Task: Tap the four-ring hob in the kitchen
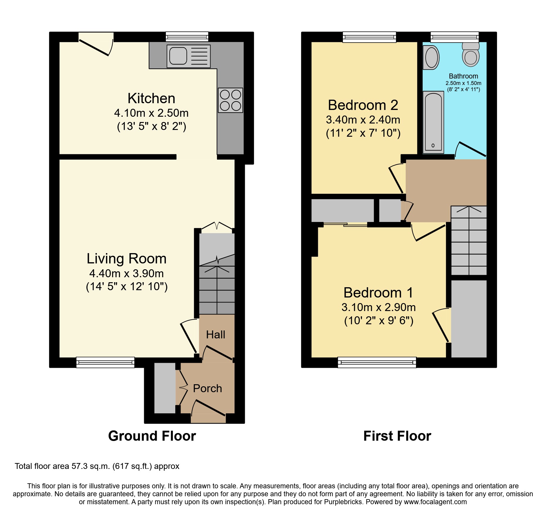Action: (230, 100)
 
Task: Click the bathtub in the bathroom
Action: (433, 122)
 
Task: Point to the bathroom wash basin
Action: (431, 58)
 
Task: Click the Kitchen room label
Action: (151, 98)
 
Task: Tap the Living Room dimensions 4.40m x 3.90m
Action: (127, 273)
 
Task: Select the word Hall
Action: (215, 335)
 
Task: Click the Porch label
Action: (207, 388)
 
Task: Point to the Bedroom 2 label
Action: (363, 105)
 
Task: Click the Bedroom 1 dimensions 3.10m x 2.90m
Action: (378, 307)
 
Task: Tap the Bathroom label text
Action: (463, 76)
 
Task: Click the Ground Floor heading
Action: (152, 436)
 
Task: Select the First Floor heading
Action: (397, 436)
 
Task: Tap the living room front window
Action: (105, 362)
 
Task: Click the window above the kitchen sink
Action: (187, 37)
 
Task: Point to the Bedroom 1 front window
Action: (377, 362)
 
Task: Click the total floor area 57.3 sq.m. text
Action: (97, 466)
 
